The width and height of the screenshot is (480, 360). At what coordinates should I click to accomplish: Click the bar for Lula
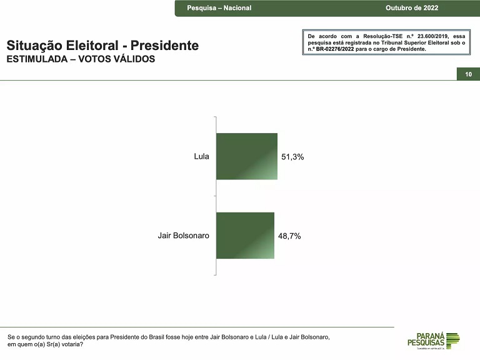pos(246,156)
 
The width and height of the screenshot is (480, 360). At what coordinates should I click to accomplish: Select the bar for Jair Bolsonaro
pos(245,236)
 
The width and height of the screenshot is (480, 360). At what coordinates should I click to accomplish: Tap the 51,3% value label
pos(292,157)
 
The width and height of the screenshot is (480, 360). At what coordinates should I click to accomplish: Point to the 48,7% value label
pos(289,236)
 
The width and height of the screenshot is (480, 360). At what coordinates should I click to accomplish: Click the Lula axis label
pos(201,156)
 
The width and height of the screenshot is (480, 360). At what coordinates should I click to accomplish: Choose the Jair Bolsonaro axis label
pos(183,236)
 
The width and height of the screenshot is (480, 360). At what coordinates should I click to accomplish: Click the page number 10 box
pos(468,74)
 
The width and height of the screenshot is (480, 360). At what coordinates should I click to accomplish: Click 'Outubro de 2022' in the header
pos(412,8)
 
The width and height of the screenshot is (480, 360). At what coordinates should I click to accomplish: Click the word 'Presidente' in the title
pos(166,46)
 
